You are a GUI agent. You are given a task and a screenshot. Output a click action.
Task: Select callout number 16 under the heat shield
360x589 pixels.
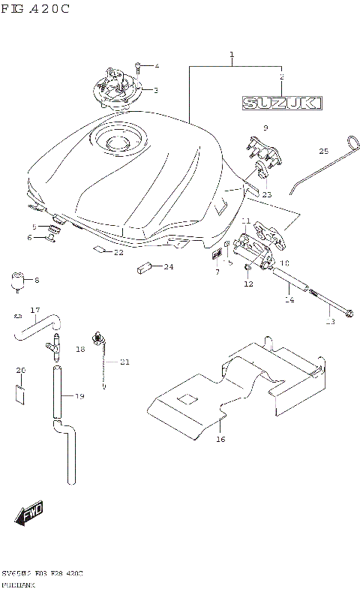(220, 439)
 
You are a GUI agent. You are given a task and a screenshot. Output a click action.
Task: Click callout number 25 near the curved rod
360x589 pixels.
(324, 151)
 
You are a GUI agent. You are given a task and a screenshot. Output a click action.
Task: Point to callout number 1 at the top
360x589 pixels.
(232, 55)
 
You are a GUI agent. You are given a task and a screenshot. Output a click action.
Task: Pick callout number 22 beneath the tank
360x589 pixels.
(118, 253)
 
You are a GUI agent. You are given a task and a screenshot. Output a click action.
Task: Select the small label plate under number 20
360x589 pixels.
(20, 392)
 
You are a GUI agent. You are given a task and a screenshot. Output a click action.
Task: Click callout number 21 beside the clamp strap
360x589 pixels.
(124, 362)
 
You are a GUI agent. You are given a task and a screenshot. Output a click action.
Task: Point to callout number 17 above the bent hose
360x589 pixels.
(34, 310)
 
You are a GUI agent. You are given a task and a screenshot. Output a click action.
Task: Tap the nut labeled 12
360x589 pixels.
(248, 272)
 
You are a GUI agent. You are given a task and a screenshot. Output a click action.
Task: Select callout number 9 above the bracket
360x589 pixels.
(265, 128)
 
